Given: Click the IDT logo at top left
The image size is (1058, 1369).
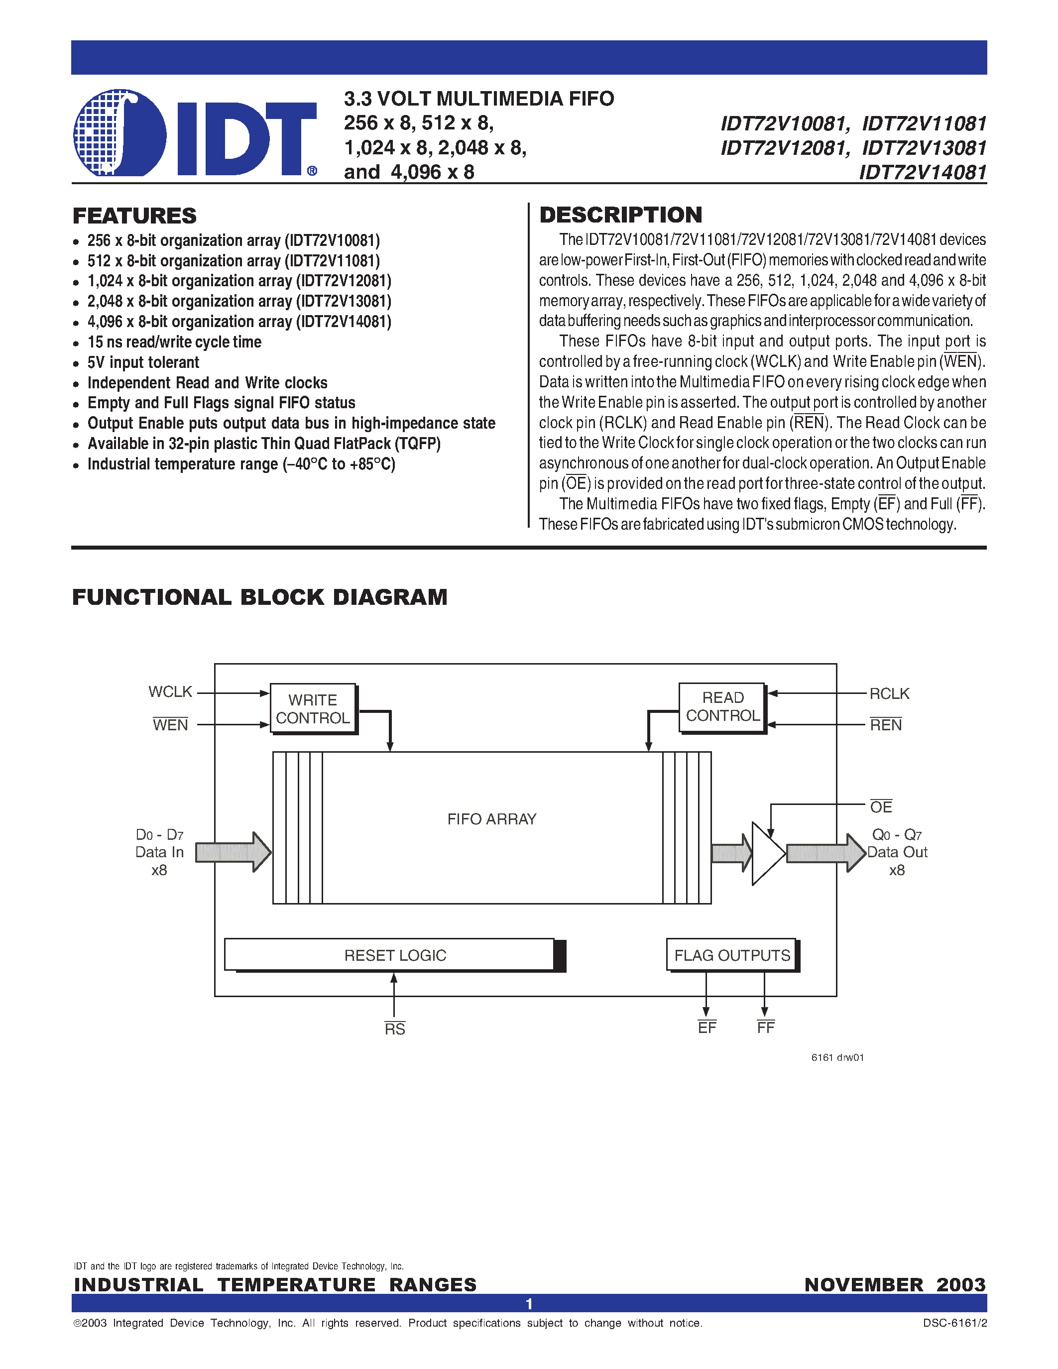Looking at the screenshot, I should tap(194, 133).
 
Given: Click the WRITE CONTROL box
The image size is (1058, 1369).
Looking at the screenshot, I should tap(313, 708).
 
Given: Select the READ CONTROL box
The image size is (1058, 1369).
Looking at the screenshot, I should tap(722, 706).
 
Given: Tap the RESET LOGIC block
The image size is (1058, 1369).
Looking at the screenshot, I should tap(395, 955).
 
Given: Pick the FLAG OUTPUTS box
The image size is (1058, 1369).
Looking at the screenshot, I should tap(731, 955).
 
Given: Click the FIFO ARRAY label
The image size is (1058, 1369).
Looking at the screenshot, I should tap(491, 819).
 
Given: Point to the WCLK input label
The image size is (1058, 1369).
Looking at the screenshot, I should tap(170, 692).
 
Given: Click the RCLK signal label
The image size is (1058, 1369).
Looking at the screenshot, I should tap(889, 694).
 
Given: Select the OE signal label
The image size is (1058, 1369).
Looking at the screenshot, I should tap(881, 807).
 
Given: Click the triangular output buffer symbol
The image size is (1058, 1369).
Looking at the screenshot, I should tap(766, 854).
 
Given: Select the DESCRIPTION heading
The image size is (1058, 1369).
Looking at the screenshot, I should tap(620, 215).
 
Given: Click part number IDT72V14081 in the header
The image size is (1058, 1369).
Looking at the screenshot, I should tap(923, 172).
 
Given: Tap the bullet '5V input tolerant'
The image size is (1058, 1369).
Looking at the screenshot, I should tap(143, 363).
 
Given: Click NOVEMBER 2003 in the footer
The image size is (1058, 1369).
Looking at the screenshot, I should tap(894, 1284).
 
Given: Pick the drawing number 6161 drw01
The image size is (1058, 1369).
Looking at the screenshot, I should tap(837, 1057).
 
